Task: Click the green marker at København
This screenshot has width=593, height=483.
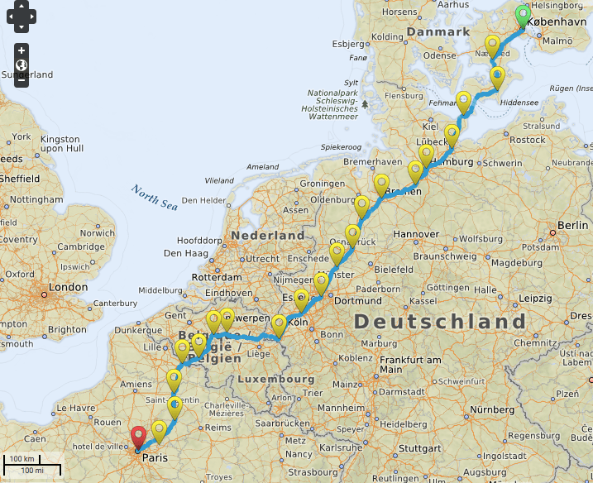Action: coord(523,16)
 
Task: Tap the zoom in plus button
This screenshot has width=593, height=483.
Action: coord(22,50)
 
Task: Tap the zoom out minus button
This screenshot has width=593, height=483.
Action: coord(22,80)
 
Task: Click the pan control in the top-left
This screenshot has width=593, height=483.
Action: coord(22,15)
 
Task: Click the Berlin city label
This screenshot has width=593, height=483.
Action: coord(572,225)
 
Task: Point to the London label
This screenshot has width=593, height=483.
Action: coord(68,287)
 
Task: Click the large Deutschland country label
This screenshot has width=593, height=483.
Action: coord(440,321)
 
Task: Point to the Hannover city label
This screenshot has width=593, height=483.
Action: coord(415,234)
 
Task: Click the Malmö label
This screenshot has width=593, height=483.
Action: coord(557,40)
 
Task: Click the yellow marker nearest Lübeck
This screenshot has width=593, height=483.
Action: coord(452,134)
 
